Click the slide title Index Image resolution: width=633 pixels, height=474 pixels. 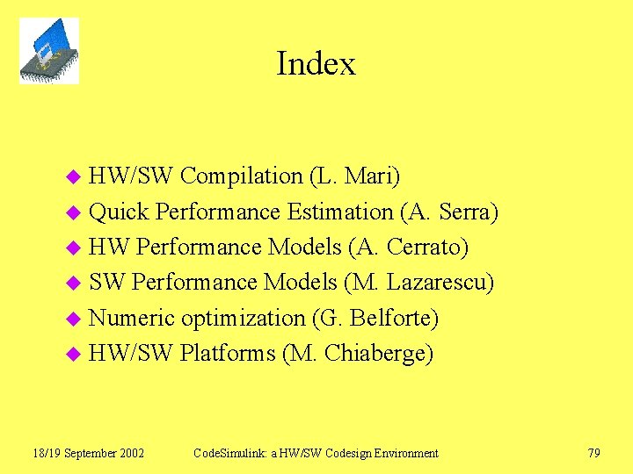tap(316, 64)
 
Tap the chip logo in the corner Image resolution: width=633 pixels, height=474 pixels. tap(49, 51)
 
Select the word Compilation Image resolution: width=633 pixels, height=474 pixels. tap(241, 176)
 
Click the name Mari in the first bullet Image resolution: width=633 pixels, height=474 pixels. tap(368, 176)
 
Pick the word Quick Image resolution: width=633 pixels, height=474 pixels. tap(120, 212)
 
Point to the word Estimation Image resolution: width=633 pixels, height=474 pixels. tap(341, 212)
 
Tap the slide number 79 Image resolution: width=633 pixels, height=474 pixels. tap(593, 453)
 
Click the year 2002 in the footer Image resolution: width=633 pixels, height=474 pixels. tap(130, 453)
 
